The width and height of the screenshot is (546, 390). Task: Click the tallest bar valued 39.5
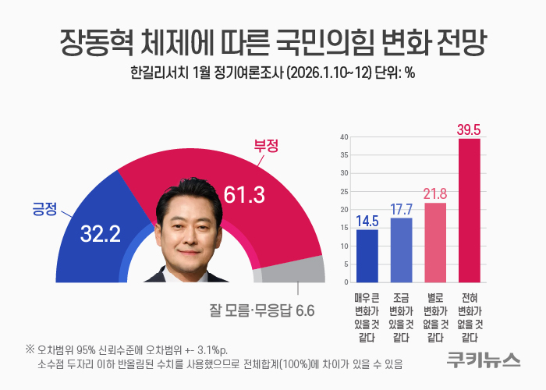click(x=469, y=211)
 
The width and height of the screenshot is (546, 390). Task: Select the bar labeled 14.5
click(x=367, y=256)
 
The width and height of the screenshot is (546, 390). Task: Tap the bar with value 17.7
click(x=401, y=250)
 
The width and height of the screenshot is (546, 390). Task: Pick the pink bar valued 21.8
click(x=434, y=243)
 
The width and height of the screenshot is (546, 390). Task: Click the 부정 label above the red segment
click(x=267, y=145)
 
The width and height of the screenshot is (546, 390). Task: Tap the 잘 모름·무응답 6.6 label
click(x=261, y=310)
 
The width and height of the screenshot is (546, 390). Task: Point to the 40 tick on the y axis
click(x=343, y=137)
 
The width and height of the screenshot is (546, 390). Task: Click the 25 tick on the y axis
click(x=343, y=192)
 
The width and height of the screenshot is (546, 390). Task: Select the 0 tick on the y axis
click(x=345, y=282)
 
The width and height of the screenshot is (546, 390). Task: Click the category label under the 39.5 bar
click(x=469, y=317)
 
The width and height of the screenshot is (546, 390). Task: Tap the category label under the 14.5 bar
click(x=367, y=317)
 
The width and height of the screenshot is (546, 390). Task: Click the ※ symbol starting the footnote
click(x=30, y=348)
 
